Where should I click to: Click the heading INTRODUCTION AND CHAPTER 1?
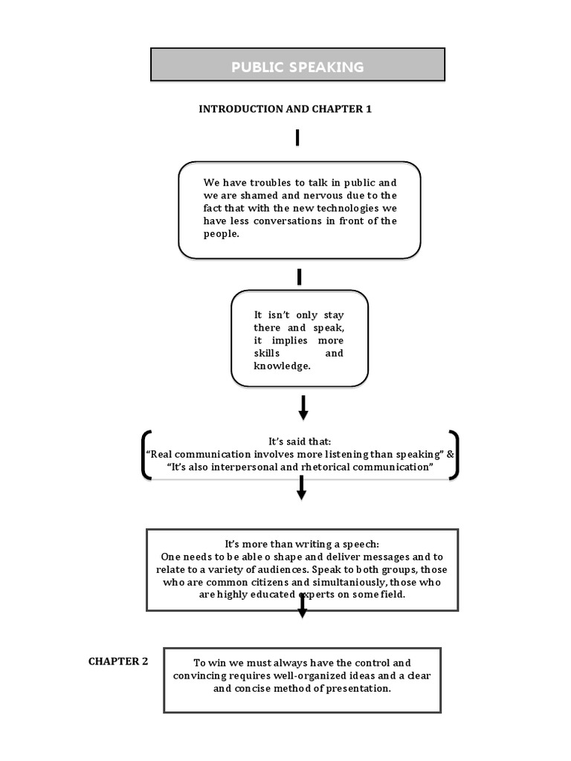(285, 109)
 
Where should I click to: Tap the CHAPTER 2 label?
(118, 661)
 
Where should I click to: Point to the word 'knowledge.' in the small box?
(282, 366)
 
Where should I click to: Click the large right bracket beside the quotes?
(453, 455)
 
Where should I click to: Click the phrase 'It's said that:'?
(299, 441)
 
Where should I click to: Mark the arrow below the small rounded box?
(303, 407)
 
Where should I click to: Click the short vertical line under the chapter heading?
(297, 137)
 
